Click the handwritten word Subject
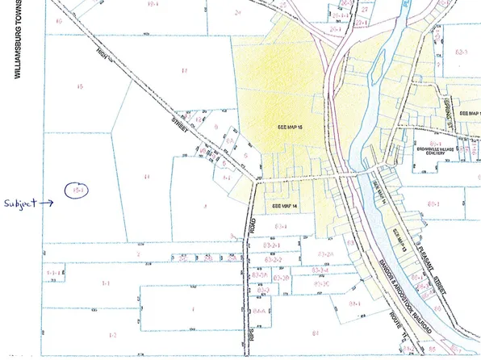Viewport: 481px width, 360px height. (x=19, y=203)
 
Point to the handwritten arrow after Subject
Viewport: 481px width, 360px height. (x=46, y=203)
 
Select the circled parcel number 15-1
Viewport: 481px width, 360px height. (x=78, y=190)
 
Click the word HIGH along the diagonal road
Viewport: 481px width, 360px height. (x=102, y=54)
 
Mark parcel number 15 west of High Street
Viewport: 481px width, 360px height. (x=78, y=86)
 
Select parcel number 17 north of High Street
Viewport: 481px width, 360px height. (x=184, y=71)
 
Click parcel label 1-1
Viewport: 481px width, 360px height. (x=105, y=283)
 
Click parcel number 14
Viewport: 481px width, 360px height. (x=146, y=175)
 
